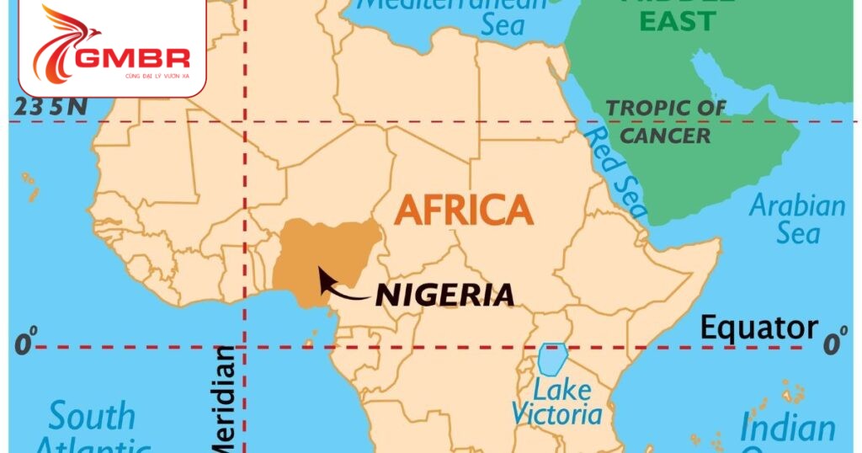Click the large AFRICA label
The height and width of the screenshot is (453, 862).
464,209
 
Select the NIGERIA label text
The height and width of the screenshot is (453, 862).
444,295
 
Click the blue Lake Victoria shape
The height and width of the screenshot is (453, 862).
551,360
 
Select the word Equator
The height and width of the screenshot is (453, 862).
759,328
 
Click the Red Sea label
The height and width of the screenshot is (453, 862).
615,173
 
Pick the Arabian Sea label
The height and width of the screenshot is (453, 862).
797,218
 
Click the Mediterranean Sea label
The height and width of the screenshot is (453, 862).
471,14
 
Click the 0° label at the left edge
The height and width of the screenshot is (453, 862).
26,344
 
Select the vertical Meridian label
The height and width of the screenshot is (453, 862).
226,400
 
